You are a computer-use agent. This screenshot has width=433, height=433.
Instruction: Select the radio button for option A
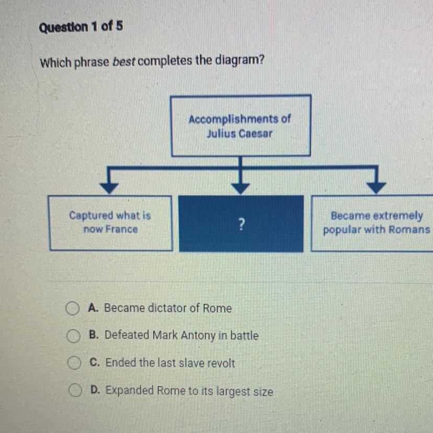point(72,309)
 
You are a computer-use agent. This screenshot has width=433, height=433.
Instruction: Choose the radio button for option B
point(73,336)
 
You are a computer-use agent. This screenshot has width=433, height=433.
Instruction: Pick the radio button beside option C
point(74,363)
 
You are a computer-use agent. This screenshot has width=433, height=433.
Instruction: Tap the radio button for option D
point(75,390)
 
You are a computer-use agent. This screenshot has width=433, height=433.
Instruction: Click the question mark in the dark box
point(242,224)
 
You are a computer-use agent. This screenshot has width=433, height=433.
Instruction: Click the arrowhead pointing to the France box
point(109,188)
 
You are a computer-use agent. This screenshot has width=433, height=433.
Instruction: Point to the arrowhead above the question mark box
point(240,188)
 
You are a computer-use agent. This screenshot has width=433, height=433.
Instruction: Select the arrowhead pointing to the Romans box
point(376,188)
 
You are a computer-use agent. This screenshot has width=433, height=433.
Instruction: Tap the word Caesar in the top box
point(255,134)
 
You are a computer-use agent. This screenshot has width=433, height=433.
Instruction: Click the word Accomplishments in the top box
point(234,120)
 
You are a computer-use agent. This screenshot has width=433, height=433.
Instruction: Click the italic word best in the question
point(124,62)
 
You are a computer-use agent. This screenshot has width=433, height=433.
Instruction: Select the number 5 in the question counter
point(119,26)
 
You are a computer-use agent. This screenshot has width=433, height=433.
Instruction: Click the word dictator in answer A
point(167,308)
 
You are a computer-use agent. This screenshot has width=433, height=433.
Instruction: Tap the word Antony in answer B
point(198,335)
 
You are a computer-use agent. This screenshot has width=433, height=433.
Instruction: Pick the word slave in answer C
point(191,363)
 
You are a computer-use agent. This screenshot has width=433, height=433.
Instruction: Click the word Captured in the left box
point(91,215)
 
